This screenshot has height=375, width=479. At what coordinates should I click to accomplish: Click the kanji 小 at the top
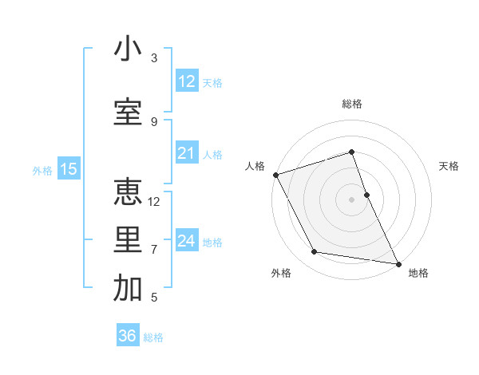click(128, 49)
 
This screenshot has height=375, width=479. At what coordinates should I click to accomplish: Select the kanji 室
click(128, 112)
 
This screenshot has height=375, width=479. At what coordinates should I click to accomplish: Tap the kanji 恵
click(128, 191)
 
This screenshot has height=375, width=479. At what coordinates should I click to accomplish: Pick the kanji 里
click(128, 240)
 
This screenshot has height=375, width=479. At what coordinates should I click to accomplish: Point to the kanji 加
click(128, 289)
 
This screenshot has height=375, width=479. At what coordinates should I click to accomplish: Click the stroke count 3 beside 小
click(154, 58)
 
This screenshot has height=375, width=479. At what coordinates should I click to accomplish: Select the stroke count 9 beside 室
click(154, 121)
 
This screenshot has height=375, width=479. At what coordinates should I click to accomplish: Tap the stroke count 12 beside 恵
click(154, 202)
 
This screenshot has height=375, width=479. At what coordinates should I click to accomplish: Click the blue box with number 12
click(187, 81)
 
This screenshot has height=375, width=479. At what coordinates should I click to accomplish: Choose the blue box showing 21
click(187, 153)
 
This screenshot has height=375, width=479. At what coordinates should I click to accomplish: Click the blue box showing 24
click(187, 240)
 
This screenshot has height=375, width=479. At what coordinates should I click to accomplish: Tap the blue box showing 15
click(68, 169)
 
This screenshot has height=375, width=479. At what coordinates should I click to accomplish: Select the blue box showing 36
click(127, 336)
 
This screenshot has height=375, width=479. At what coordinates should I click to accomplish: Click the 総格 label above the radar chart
click(352, 104)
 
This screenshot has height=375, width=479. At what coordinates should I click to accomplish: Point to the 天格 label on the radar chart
click(449, 166)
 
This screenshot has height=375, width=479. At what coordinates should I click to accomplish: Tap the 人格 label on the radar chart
click(255, 166)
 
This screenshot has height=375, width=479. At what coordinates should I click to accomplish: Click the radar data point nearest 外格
click(314, 253)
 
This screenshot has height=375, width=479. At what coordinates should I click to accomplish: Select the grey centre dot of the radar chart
click(352, 199)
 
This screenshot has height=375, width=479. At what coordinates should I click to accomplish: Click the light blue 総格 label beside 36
click(153, 337)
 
